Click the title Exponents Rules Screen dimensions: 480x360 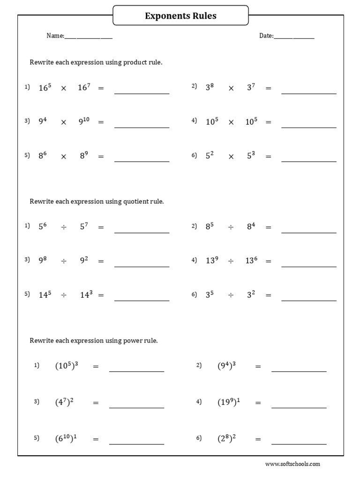[x=180, y=16]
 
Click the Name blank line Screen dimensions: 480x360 [x=88, y=37]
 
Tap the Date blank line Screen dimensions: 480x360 [x=294, y=37]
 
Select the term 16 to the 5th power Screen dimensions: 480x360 [x=45, y=88]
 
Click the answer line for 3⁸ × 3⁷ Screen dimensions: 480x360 [x=308, y=93]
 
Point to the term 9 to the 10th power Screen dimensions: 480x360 [x=84, y=121]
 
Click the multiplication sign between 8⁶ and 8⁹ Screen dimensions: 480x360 [x=64, y=157]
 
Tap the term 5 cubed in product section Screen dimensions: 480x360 [x=251, y=156]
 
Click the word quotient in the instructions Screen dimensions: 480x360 [x=136, y=202]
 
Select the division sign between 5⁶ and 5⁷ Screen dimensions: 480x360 [x=64, y=227]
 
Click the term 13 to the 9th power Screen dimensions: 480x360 [x=212, y=260]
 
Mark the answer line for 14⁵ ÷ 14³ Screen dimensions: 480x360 [x=142, y=300]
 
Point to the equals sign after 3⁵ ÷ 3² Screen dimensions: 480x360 [x=268, y=295]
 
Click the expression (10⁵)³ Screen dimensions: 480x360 [x=66, y=366]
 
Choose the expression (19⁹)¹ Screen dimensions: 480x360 [x=228, y=402]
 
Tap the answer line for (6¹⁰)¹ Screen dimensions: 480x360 [x=136, y=443]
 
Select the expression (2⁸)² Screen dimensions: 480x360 [x=226, y=439]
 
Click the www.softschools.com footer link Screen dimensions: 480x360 [x=292, y=464]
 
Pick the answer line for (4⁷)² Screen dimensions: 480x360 [x=136, y=407]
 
